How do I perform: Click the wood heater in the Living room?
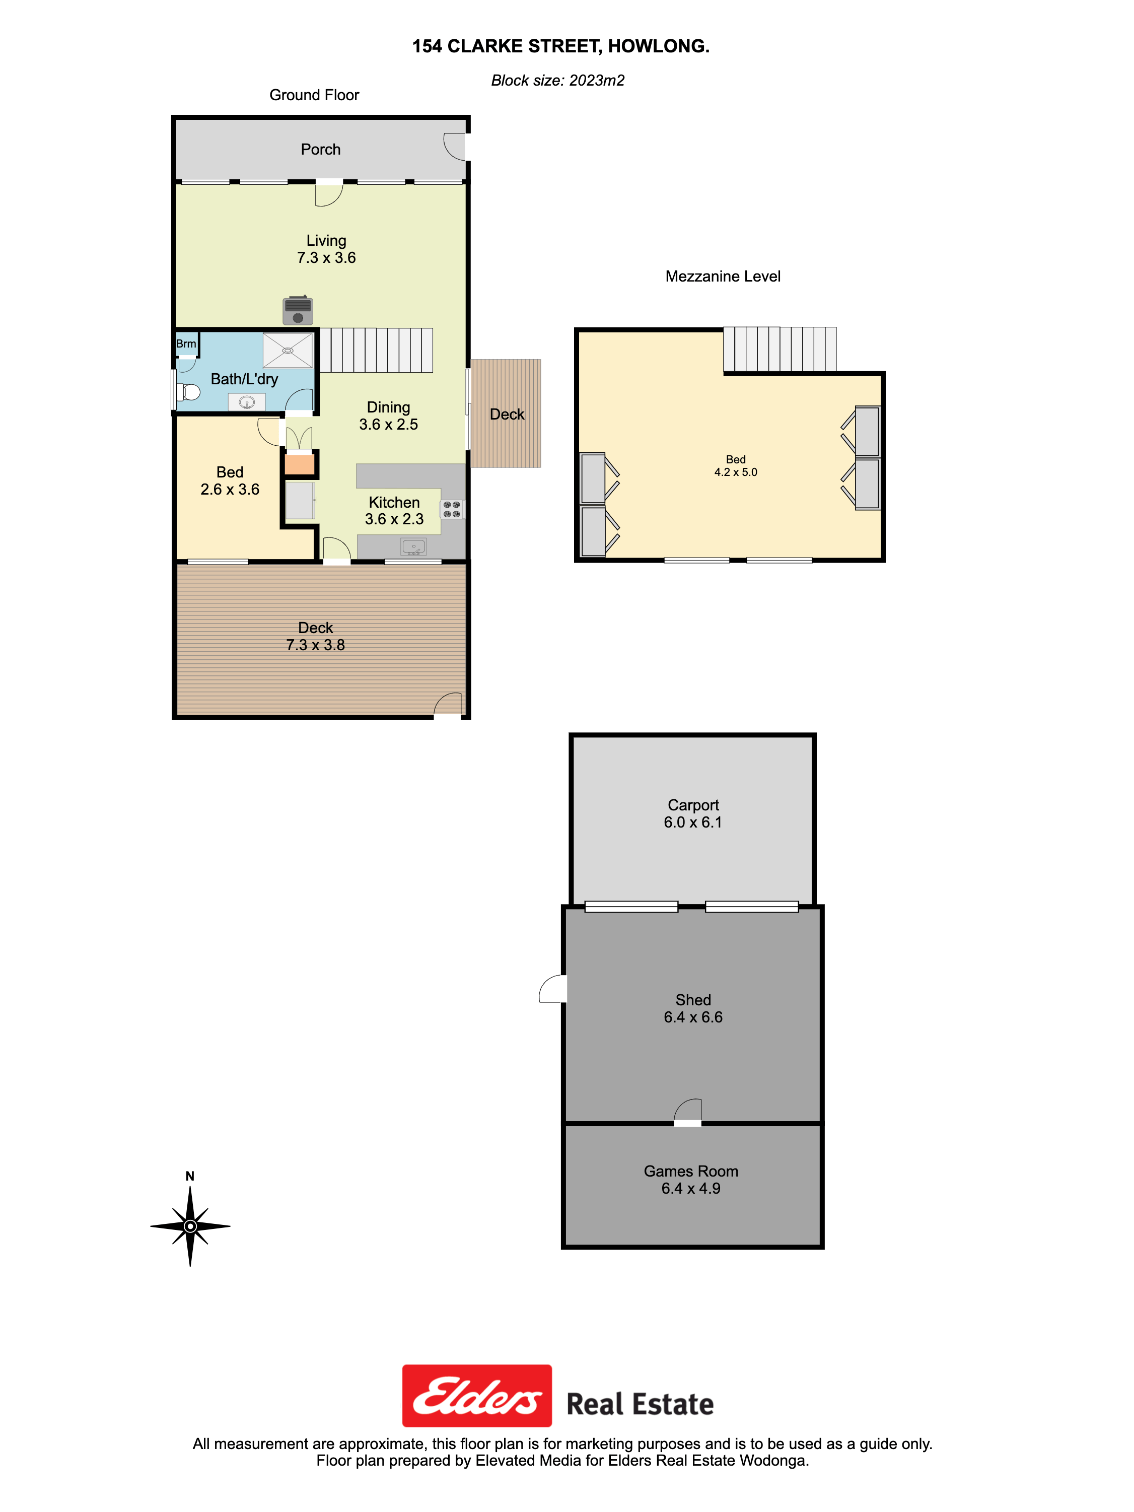coord(298,310)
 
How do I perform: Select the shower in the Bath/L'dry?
coord(288,351)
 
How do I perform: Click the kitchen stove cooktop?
coord(452,509)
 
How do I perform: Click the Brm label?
coord(186,344)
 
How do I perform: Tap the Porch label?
coord(321,150)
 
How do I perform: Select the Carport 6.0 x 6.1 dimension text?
coord(693,822)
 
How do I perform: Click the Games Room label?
coord(691,1171)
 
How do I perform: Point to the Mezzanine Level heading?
coord(723,276)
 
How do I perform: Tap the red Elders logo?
coord(477,1396)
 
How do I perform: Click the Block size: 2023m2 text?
coord(558,81)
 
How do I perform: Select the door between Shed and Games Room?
coord(688,1112)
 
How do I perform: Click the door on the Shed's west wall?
coord(553,988)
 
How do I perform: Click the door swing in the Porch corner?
coord(455,146)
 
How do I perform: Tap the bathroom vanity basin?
coord(247,402)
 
